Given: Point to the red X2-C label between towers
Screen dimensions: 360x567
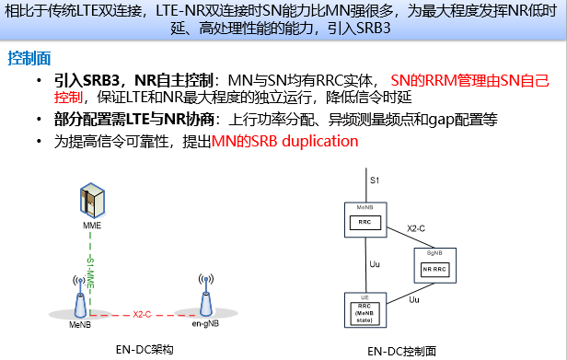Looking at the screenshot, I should click(x=142, y=314).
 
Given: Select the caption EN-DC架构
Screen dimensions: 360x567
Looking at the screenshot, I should click(x=143, y=349).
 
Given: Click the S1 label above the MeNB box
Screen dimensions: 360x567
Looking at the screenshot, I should click(x=373, y=180).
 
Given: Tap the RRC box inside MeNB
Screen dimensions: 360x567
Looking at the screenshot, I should click(x=364, y=222).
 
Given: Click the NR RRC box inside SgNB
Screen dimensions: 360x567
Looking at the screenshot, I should click(x=434, y=269).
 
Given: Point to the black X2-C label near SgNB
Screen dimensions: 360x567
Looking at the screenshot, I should click(x=418, y=226).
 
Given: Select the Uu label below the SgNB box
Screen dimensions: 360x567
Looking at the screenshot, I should click(x=415, y=299).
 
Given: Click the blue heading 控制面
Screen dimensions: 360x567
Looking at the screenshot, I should click(x=27, y=58).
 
